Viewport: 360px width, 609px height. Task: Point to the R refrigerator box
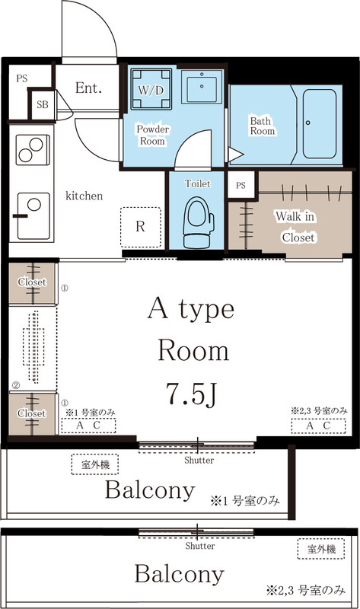click(x=141, y=226)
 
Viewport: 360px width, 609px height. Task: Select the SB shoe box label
click(x=41, y=105)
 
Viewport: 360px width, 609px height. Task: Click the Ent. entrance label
click(x=88, y=88)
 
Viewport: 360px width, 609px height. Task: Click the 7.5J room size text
click(x=193, y=394)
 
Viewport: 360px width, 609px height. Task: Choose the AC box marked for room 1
click(x=91, y=426)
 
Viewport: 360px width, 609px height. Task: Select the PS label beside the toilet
click(x=241, y=185)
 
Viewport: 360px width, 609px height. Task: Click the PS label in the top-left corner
click(x=21, y=77)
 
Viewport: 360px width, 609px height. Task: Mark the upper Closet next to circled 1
click(x=31, y=282)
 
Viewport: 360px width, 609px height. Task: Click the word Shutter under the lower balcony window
click(x=199, y=546)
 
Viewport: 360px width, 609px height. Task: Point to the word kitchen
click(x=84, y=196)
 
